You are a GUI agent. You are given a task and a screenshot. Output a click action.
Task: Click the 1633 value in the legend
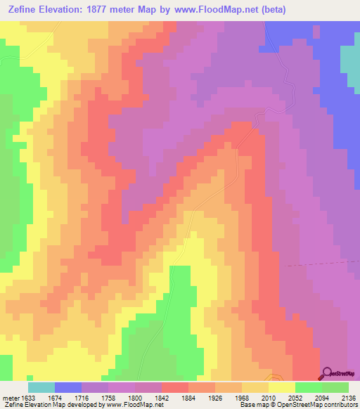(27, 396)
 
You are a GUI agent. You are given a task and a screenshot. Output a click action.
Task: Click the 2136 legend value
(349, 396)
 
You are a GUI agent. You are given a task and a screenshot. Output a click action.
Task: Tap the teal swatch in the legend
(41, 387)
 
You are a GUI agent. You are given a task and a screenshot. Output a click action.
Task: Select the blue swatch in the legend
(68, 387)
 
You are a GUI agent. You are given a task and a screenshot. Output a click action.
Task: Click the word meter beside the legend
(9, 396)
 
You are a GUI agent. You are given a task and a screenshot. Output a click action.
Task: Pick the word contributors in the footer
(341, 405)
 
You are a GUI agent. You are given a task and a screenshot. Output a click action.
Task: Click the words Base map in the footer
(252, 405)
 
